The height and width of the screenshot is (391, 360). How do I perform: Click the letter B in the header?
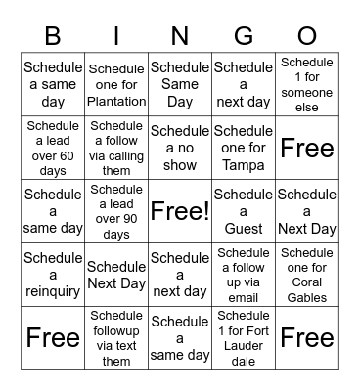(53, 36)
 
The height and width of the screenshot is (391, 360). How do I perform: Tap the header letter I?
(116, 36)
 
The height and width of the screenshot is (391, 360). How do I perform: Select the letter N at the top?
(180, 36)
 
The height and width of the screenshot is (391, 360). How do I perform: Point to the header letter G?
(244, 36)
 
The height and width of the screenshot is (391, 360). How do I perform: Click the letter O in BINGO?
(307, 36)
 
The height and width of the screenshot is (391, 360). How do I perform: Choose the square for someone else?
(307, 85)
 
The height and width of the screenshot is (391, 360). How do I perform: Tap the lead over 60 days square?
(53, 149)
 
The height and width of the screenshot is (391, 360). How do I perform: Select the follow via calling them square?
(116, 149)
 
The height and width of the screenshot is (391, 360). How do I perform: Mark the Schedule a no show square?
(180, 149)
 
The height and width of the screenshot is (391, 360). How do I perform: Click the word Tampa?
(244, 165)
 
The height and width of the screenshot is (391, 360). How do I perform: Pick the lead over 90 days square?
(116, 212)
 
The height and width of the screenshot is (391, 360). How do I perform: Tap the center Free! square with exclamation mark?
(180, 212)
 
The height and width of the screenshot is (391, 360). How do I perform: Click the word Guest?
(244, 229)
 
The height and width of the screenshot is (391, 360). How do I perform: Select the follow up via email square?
(244, 276)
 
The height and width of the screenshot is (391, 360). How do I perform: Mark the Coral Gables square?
(307, 276)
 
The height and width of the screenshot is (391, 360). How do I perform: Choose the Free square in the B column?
(53, 338)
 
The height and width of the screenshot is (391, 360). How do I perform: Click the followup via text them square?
(116, 338)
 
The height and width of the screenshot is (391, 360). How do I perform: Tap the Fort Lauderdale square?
(244, 338)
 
